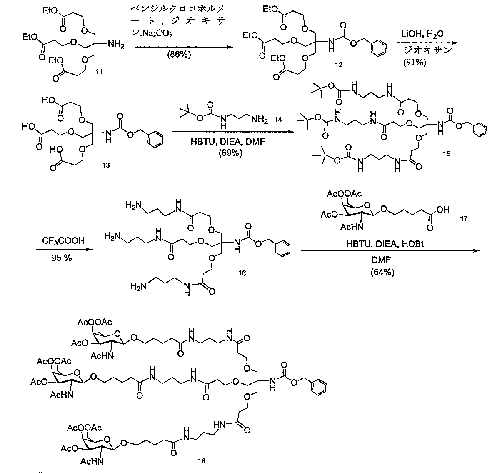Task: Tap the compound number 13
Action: tap(106, 165)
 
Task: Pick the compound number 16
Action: tap(242, 273)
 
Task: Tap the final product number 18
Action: tap(202, 461)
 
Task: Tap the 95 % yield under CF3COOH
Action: tap(60, 259)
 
